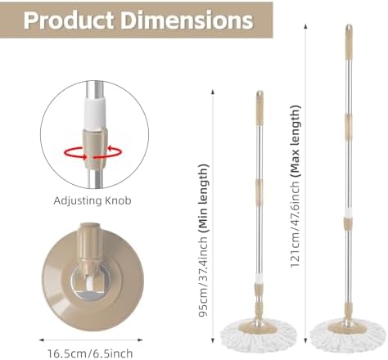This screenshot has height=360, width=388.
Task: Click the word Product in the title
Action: point(69,20)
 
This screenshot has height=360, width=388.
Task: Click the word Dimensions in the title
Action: point(187,20)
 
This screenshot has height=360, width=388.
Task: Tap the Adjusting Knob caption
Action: point(92,201)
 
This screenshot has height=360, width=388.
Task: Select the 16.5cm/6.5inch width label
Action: point(90,353)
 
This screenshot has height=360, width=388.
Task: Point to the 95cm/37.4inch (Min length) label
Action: point(203,240)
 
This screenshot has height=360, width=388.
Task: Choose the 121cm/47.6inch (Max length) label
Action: point(295,186)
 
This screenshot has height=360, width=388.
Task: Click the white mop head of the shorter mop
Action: point(259,335)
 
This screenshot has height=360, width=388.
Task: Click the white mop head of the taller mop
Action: point(348,336)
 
